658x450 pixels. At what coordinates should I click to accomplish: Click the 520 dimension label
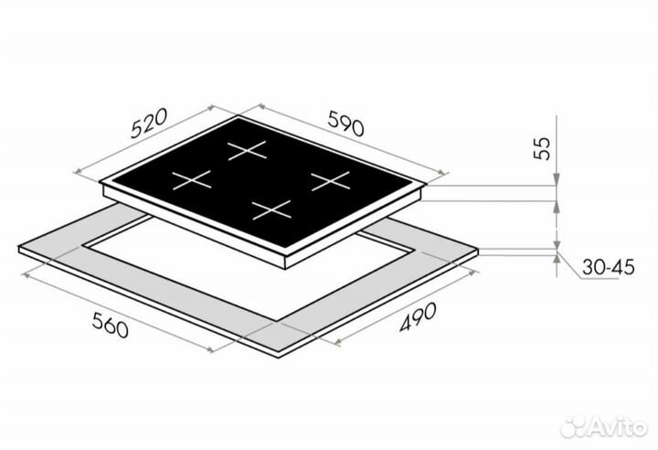[x=149, y=123]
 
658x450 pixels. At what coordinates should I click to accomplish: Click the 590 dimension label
[x=345, y=123]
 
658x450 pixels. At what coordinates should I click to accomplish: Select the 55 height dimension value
[x=542, y=148]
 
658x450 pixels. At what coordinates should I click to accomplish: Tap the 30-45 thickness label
[x=608, y=267]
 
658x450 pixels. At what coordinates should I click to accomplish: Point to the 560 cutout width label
[x=110, y=325]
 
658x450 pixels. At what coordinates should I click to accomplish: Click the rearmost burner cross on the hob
[x=247, y=150]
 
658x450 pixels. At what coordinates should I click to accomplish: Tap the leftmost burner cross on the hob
[x=192, y=180]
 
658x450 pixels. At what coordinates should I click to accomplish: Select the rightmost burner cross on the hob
[x=331, y=181]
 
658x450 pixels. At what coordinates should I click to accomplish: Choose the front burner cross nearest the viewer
[x=272, y=210]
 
